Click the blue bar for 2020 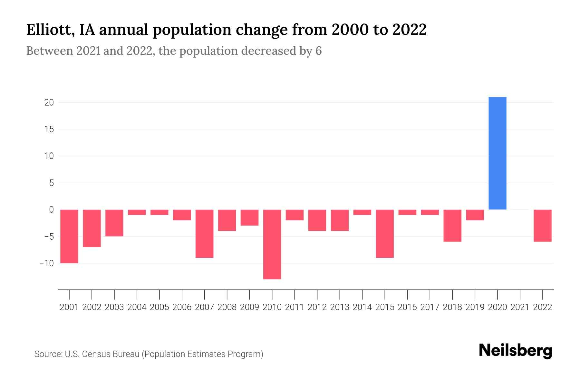point(497,153)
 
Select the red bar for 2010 point(272,244)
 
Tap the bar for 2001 point(69,236)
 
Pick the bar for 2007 point(204,234)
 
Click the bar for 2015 point(385,234)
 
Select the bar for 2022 point(542,225)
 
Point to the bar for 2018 point(452,225)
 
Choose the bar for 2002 point(92,228)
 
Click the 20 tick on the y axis point(49,103)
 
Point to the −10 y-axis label point(47,263)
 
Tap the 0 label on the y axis point(51,210)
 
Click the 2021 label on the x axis point(520,307)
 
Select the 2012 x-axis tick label point(317,307)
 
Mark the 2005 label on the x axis point(159,307)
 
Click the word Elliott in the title point(48,30)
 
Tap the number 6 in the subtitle point(318,51)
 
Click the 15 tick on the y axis point(49,129)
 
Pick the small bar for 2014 point(362,212)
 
